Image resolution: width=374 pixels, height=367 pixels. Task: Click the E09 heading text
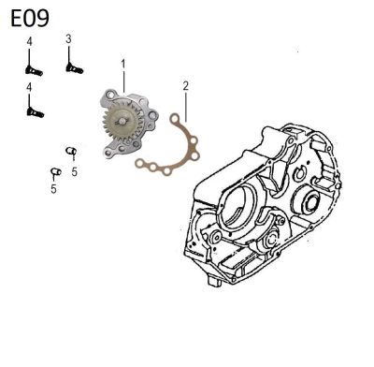point(30,18)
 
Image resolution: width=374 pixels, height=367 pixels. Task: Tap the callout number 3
point(68,39)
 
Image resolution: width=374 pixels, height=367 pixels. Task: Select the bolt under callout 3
point(75,68)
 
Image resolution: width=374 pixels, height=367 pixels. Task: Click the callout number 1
point(123,65)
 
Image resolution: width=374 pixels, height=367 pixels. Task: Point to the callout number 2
point(186,86)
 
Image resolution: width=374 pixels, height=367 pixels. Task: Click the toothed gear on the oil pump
point(120,122)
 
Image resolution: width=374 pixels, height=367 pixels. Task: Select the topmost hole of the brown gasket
point(175,119)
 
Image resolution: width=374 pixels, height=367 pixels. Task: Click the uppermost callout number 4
point(29,42)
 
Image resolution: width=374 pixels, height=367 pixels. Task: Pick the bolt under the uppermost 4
point(34,71)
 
